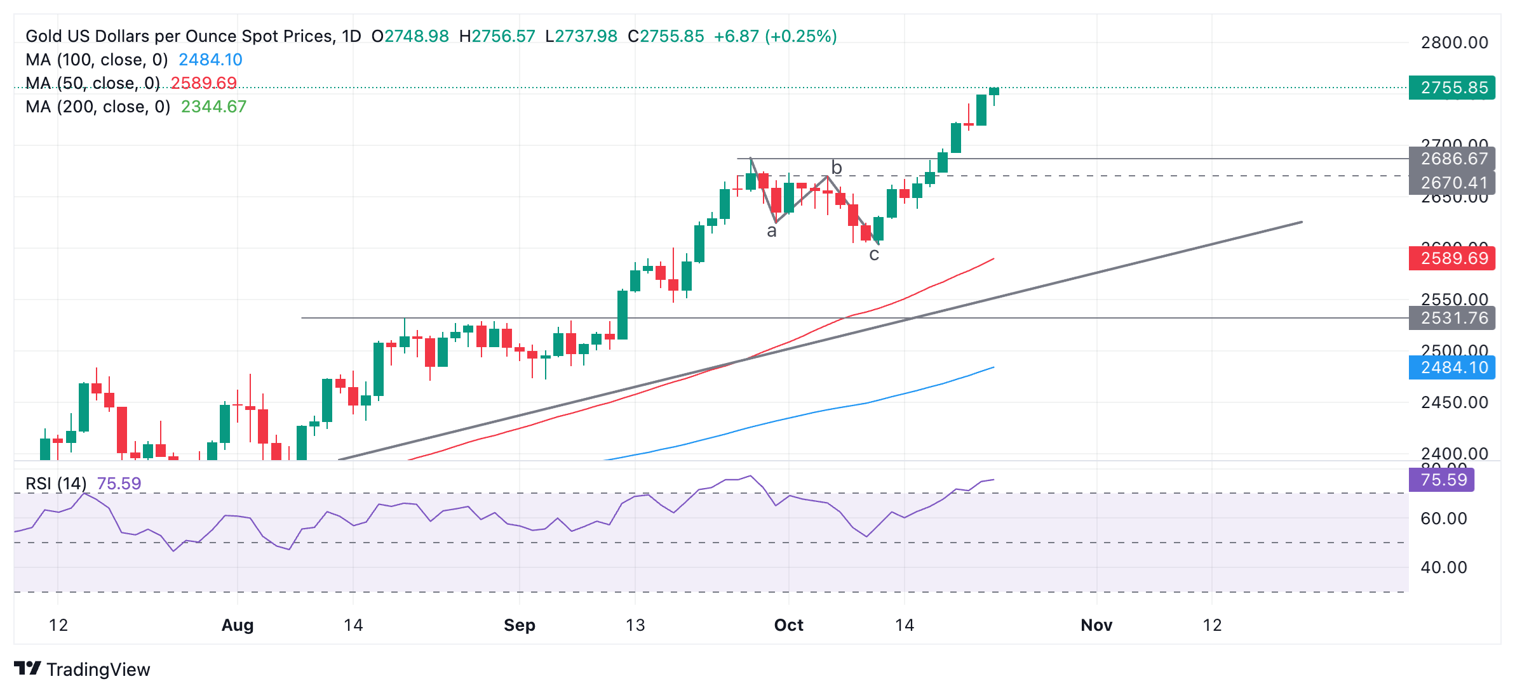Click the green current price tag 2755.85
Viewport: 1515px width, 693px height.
click(x=1451, y=88)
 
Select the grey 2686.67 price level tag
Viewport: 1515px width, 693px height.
click(x=1451, y=159)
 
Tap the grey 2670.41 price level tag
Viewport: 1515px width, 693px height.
click(x=1451, y=183)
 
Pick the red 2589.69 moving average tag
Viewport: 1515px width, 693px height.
click(x=1451, y=258)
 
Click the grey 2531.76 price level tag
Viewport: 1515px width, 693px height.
click(x=1451, y=318)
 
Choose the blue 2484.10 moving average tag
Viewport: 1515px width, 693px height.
click(x=1451, y=367)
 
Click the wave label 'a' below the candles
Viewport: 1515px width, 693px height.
click(x=772, y=232)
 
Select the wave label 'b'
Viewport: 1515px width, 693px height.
click(x=837, y=168)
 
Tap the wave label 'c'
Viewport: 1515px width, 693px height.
click(x=874, y=255)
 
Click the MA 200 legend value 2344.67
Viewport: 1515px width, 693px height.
click(x=213, y=107)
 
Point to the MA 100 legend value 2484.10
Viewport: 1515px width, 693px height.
click(x=210, y=60)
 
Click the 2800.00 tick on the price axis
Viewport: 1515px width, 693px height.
click(x=1454, y=43)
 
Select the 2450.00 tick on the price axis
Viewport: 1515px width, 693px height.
click(x=1454, y=402)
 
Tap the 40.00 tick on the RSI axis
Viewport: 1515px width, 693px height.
click(x=1443, y=567)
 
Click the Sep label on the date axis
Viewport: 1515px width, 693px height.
click(x=519, y=625)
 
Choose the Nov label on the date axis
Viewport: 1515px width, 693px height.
click(x=1096, y=625)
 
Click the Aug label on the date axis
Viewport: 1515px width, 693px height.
click(x=238, y=625)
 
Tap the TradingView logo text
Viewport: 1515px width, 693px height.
click(x=98, y=670)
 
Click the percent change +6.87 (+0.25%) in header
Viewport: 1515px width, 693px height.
click(x=775, y=36)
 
